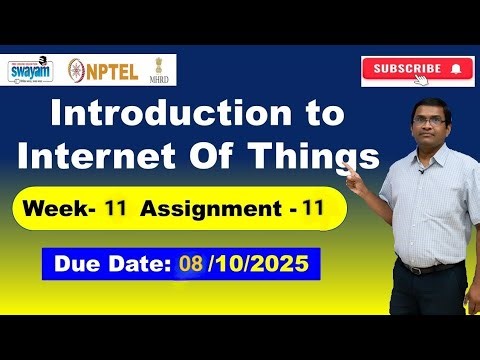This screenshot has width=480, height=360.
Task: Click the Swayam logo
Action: (x=30, y=70)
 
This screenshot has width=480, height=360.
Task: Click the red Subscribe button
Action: (x=417, y=70)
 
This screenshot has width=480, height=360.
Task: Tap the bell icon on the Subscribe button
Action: (x=456, y=70)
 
